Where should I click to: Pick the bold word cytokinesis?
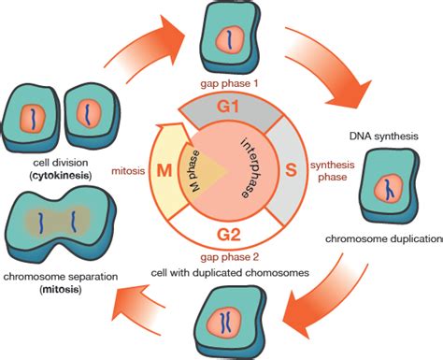[x=46, y=175]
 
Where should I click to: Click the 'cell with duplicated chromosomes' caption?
[x=231, y=273]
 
